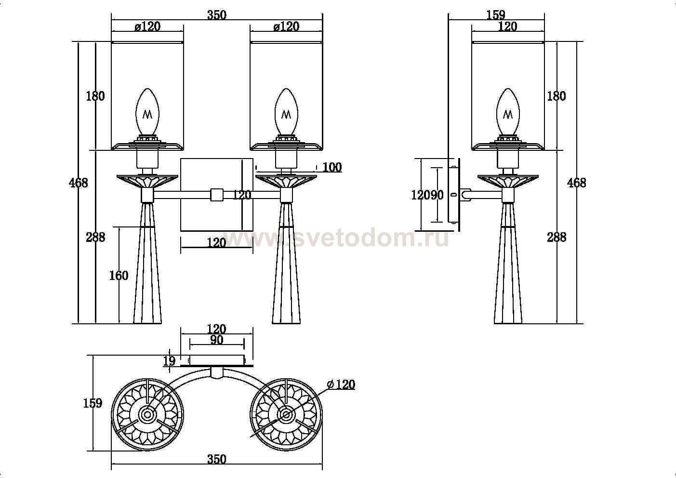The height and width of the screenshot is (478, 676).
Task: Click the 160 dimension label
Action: click(x=119, y=276)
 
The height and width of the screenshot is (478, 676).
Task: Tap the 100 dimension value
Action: click(x=332, y=167)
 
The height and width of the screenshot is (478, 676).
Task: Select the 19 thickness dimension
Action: click(x=169, y=360)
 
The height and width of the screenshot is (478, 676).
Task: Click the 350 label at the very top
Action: click(x=217, y=15)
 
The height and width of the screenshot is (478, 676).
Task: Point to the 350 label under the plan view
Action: click(x=217, y=459)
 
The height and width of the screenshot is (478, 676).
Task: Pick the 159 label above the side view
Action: click(x=496, y=15)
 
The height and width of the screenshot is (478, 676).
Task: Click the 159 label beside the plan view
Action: click(x=93, y=403)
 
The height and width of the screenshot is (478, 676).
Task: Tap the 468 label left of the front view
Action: click(x=79, y=183)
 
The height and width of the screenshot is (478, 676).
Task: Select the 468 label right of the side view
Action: click(x=577, y=183)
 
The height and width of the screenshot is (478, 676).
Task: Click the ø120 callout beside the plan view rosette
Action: click(x=341, y=385)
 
